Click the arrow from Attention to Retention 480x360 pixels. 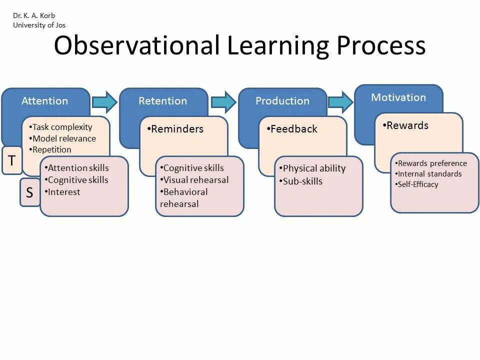pos(104,102)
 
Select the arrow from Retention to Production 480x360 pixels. pos(223,102)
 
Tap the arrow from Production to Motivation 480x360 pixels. pos(340,102)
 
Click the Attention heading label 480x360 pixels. pos(44,101)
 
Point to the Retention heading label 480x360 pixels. pos(162,101)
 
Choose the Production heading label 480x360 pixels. pos(282,101)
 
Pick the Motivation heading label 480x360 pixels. pos(398,97)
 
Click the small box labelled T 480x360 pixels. pos(12,160)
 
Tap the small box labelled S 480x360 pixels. pos(29,192)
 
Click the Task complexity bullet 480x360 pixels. pos(61,127)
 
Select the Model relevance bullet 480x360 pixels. pos(63,138)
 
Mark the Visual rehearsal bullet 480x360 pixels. pos(194,180)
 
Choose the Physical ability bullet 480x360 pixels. pos(312,168)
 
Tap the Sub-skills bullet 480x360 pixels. pos(301,181)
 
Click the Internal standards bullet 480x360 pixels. pos(428,174)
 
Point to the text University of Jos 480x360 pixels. pos(39,25)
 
